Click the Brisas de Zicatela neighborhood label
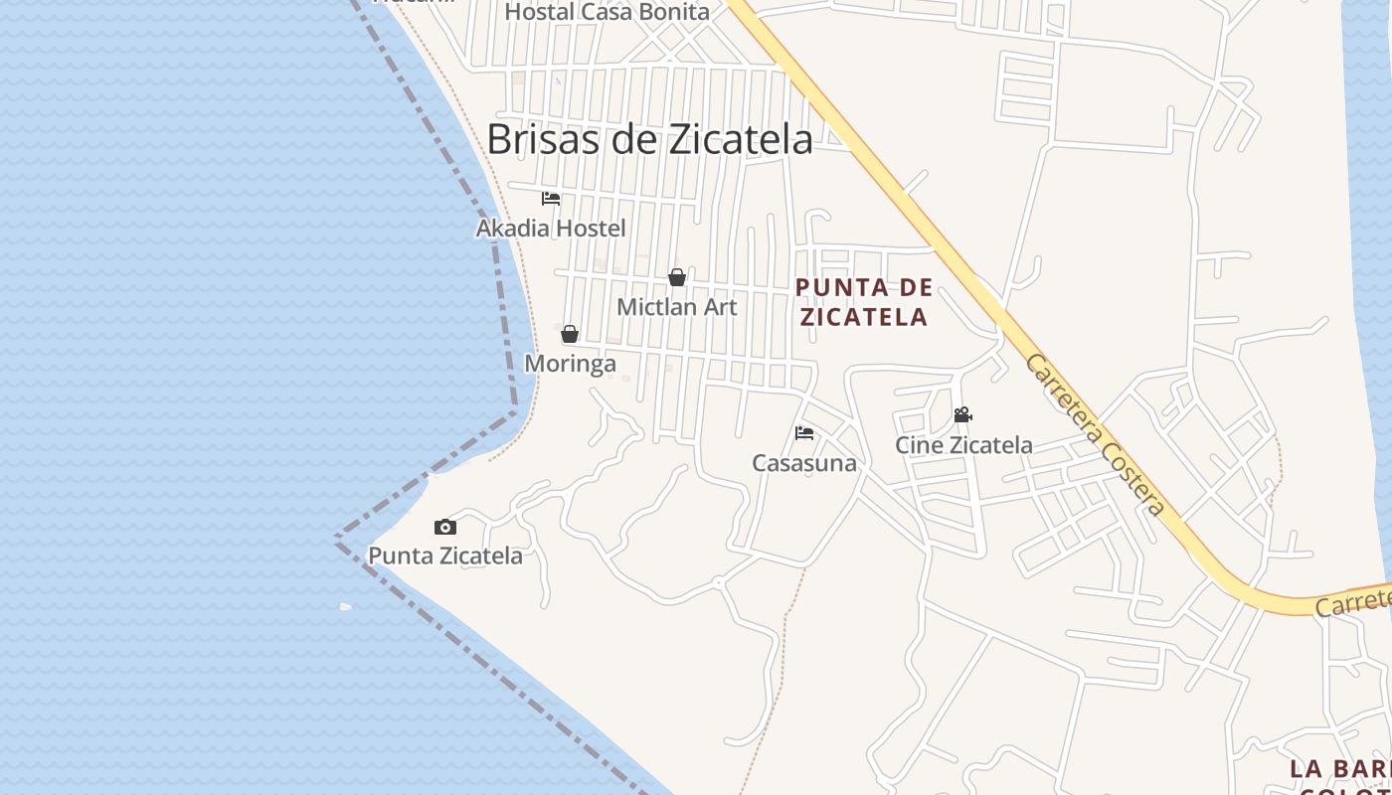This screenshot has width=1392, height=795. click(x=649, y=139)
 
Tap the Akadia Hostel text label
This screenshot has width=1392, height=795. click(x=551, y=228)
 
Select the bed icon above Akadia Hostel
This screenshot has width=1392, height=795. click(x=551, y=198)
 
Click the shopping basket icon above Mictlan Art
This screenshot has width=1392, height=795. click(x=677, y=277)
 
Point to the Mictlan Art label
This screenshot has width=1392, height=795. click(x=677, y=307)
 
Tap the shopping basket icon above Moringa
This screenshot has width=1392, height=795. click(x=570, y=334)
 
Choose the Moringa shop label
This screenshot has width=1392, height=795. click(x=570, y=364)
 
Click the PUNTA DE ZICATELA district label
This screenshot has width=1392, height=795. click(x=864, y=302)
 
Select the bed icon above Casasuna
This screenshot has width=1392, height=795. click(x=804, y=432)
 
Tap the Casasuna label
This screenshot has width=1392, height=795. click(x=804, y=463)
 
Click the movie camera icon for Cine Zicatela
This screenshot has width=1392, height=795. click(x=962, y=414)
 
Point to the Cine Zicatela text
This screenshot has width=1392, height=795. click(x=963, y=445)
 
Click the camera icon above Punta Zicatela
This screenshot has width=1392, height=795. click(x=445, y=527)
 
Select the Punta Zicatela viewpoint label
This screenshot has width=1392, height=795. click(x=445, y=556)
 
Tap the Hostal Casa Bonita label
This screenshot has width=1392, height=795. click(x=608, y=12)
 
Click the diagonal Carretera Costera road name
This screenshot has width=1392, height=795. click(x=1095, y=434)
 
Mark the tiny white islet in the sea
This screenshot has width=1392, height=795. click(x=345, y=606)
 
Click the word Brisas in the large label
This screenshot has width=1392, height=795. click(x=543, y=139)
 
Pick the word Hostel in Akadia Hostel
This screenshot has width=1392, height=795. click(x=591, y=228)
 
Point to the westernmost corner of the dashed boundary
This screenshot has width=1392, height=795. click(x=337, y=538)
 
